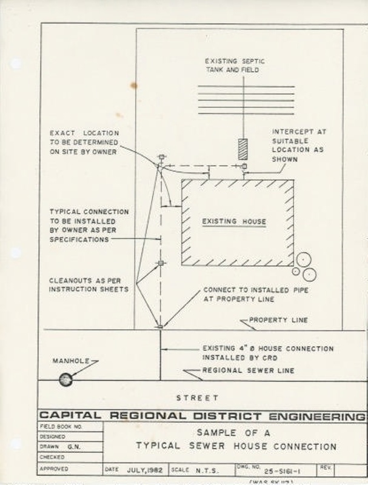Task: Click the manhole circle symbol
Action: click(65, 380)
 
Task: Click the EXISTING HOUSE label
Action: click(234, 222)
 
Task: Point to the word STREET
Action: click(197, 398)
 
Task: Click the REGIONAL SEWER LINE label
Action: click(248, 370)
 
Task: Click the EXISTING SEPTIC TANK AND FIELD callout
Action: click(233, 65)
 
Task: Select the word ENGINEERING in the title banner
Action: click(319, 416)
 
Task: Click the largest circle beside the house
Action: click(309, 275)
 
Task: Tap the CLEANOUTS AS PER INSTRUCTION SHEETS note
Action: click(89, 284)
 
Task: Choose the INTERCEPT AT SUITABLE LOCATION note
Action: click(293, 145)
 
